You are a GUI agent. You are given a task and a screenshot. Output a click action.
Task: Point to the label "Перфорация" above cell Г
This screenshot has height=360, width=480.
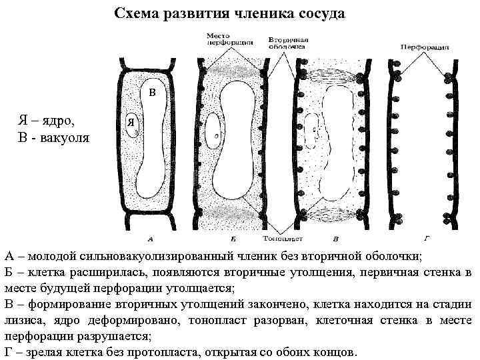(425, 48)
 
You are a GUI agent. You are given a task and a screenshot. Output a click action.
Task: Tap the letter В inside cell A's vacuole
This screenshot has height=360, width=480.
(152, 91)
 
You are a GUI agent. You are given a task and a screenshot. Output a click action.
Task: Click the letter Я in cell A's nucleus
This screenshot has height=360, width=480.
(132, 123)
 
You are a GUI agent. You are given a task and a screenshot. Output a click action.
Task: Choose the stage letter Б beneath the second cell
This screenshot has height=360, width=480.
(231, 238)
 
